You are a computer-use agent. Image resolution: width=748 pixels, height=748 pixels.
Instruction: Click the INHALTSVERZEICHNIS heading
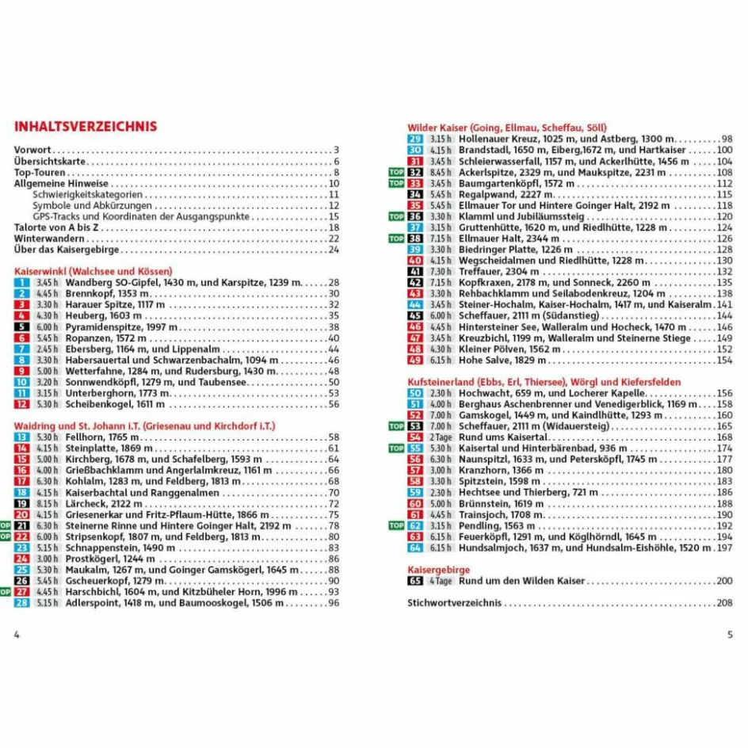point(86,127)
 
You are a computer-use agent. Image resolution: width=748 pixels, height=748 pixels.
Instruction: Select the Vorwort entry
point(32,151)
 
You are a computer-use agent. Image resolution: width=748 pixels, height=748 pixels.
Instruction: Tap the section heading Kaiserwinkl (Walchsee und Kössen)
point(93,271)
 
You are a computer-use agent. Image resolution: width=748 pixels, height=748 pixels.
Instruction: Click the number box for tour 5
point(22,327)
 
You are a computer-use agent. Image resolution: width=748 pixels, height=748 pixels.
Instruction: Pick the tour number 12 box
point(22,404)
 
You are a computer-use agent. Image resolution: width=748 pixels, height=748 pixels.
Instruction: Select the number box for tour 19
point(22,503)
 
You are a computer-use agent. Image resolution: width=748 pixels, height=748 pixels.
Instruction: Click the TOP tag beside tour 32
point(396,172)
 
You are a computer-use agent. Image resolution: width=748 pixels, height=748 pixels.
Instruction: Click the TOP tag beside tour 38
point(396,239)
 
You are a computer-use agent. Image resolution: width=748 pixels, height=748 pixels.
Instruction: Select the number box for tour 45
point(415,315)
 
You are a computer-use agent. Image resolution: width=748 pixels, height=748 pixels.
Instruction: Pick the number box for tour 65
point(415,581)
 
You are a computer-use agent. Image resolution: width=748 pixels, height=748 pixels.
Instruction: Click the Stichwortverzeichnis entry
point(454,603)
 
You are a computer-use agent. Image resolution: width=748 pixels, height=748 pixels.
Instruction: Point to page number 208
point(723,603)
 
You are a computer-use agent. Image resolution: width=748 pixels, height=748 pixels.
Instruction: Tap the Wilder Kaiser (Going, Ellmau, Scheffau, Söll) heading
point(507,127)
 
